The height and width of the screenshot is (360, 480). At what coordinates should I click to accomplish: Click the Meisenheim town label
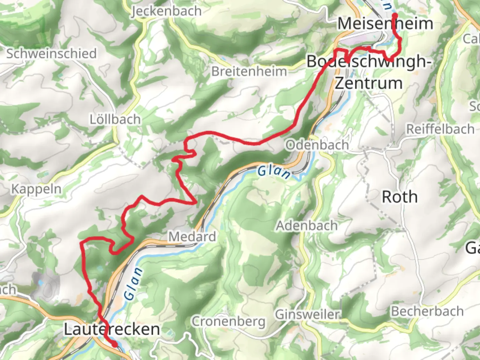click(x=385, y=24)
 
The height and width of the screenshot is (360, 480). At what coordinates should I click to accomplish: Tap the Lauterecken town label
click(x=112, y=329)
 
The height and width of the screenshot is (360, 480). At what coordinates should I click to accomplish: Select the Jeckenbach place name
click(x=167, y=11)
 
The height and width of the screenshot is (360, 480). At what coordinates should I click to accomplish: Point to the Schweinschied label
click(x=52, y=54)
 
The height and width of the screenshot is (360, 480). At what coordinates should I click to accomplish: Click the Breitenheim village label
click(x=249, y=71)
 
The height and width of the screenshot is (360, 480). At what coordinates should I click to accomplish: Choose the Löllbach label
click(x=115, y=119)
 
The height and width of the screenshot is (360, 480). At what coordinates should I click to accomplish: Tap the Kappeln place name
click(x=36, y=189)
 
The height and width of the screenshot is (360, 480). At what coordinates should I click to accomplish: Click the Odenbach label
click(x=317, y=145)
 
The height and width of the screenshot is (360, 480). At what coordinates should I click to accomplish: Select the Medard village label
click(x=192, y=237)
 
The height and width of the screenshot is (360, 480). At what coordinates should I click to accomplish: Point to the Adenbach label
click(x=307, y=226)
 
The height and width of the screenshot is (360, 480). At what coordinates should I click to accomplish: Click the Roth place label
click(x=400, y=197)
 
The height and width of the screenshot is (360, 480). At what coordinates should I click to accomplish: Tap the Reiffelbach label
click(x=440, y=129)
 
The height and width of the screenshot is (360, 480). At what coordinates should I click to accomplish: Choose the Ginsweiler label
click(x=307, y=314)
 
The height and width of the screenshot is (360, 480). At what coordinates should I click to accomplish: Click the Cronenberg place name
click(x=229, y=321)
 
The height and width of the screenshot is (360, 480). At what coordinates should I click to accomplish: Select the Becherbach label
click(x=427, y=311)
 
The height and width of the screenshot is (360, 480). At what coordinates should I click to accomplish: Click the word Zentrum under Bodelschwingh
click(x=369, y=83)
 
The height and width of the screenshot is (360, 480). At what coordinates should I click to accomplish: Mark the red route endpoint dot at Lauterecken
click(x=114, y=344)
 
